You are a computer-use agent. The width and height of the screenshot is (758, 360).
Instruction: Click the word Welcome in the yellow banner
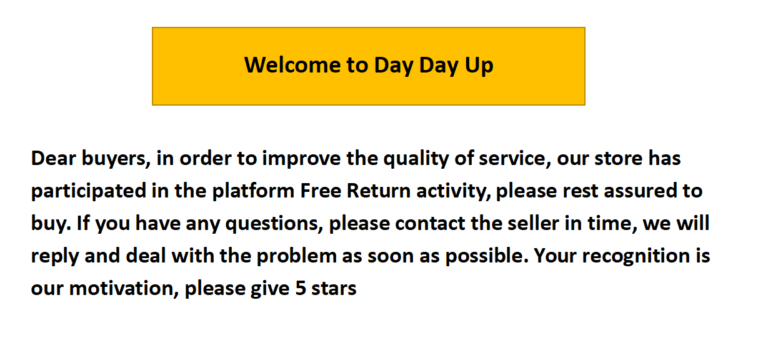[x=292, y=64]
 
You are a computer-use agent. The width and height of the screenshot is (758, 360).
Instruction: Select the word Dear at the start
[x=54, y=158]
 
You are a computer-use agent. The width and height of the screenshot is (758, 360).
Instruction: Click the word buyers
[x=116, y=159]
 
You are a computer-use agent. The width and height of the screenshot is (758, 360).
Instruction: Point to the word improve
[x=301, y=159]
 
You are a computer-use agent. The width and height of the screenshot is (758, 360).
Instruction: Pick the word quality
[x=416, y=159]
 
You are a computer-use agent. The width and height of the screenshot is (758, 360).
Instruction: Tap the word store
[x=618, y=158]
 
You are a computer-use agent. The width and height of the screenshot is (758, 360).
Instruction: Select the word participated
[x=89, y=191]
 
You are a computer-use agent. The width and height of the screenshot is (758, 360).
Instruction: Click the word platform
[x=253, y=191]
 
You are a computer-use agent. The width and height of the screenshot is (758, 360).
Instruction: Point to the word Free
[x=321, y=191]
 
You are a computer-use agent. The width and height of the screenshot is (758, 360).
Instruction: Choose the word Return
[x=379, y=191]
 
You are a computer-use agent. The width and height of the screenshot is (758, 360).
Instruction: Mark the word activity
[x=454, y=191]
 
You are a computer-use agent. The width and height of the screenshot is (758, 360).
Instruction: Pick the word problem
[x=296, y=256]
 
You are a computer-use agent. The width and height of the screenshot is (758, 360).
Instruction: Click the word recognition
[x=636, y=256]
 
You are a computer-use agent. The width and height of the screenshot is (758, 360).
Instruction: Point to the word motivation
[x=124, y=288]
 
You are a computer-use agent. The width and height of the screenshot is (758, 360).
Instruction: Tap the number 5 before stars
[x=301, y=288]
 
